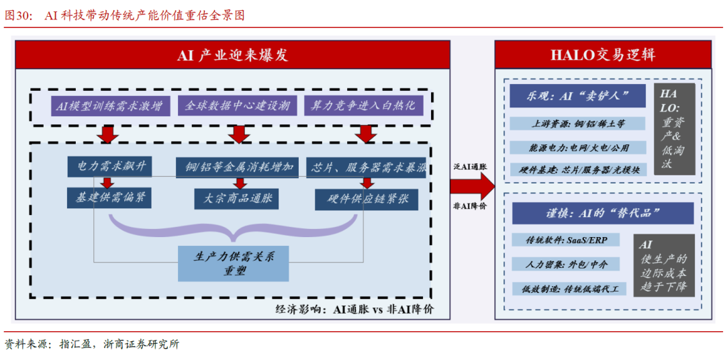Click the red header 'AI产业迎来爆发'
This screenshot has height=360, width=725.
pyautogui.click(x=232, y=55)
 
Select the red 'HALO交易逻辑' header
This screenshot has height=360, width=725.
pyautogui.click(x=603, y=55)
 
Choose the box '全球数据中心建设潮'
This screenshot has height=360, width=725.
pyautogui.click(x=237, y=106)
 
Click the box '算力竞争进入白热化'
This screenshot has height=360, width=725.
pyautogui.click(x=364, y=106)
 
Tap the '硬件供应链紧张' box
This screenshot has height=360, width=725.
pyautogui.click(x=366, y=199)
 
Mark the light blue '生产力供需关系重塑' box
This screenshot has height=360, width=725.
pyautogui.click(x=233, y=263)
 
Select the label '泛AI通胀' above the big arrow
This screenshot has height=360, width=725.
pyautogui.click(x=471, y=165)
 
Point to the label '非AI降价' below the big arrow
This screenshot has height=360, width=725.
pyautogui.click(x=471, y=206)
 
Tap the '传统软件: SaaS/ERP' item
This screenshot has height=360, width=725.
pyautogui.click(x=569, y=240)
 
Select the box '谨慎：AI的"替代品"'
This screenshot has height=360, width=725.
pyautogui.click(x=602, y=213)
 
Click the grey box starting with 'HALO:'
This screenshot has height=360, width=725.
pyautogui.click(x=674, y=128)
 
